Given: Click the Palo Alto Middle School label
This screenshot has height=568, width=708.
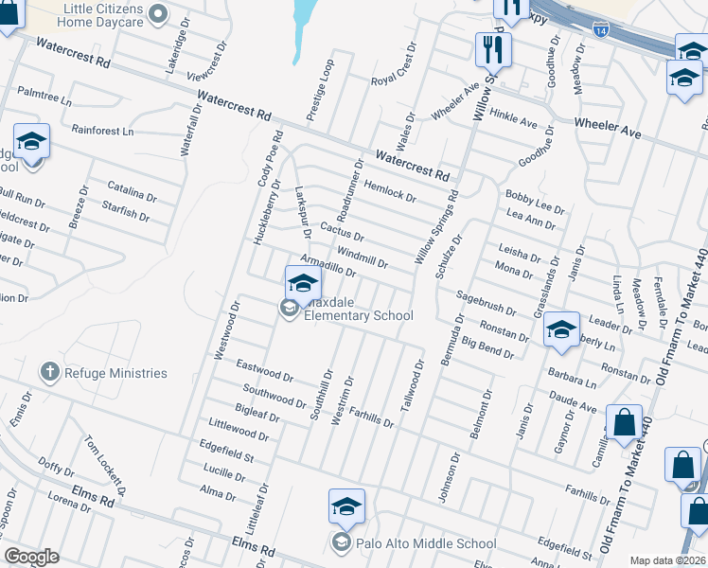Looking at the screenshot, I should (425, 543).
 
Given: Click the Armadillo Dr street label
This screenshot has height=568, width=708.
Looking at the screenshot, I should (327, 265).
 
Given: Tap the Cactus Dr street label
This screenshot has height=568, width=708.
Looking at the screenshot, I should (343, 231).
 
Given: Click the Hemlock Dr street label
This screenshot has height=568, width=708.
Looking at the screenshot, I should (389, 192).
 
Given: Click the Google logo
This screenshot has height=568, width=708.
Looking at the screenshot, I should (31, 557).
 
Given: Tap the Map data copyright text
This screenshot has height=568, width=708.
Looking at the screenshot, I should (666, 560).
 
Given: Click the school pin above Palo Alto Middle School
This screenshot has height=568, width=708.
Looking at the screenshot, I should (346, 506).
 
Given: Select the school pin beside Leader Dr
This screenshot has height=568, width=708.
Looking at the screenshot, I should (561, 328).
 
